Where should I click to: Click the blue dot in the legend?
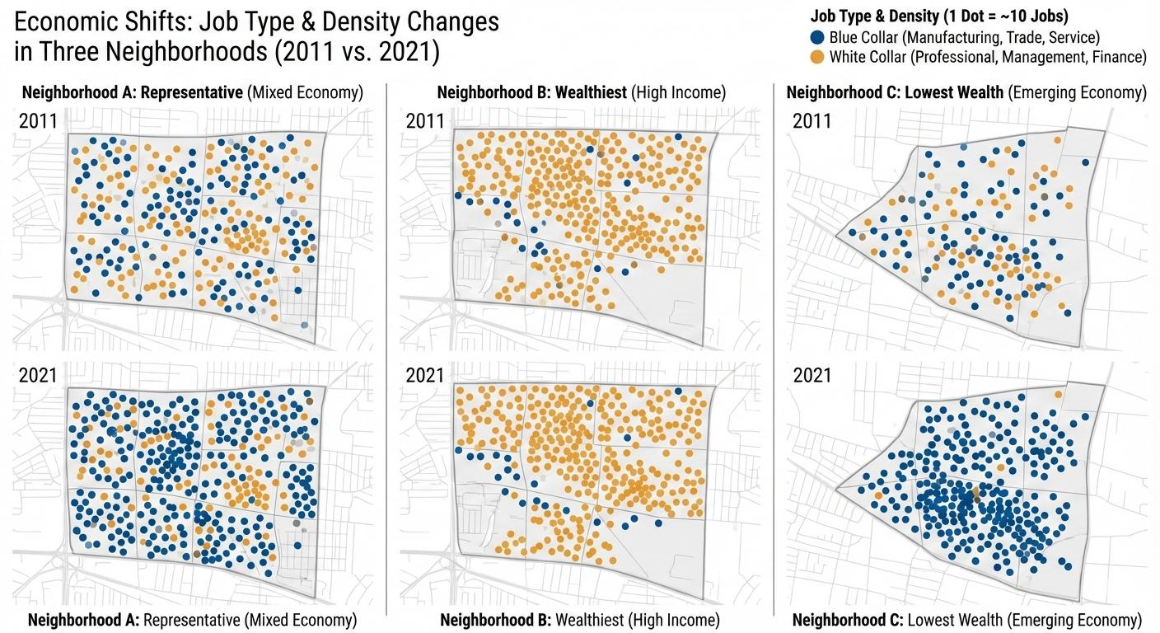(x=817, y=38)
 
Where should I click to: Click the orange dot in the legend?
(x=817, y=57)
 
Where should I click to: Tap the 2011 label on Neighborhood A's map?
(x=38, y=122)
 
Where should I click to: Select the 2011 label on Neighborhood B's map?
(x=425, y=122)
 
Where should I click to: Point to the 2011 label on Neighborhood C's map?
(x=812, y=122)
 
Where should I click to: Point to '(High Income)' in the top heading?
(x=679, y=92)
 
